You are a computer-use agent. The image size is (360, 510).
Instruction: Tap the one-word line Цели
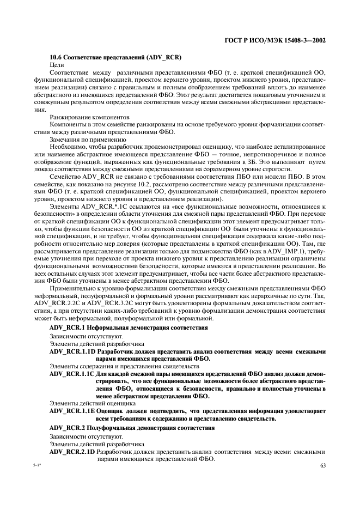[57, 65]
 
